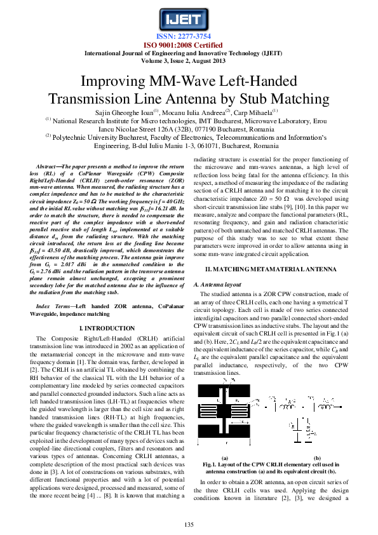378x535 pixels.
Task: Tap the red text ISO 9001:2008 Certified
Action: [x=189, y=44]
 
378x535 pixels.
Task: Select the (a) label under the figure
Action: [x=224, y=457]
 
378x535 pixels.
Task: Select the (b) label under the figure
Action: [x=317, y=457]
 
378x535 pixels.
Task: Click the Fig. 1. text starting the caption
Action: [x=212, y=464]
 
